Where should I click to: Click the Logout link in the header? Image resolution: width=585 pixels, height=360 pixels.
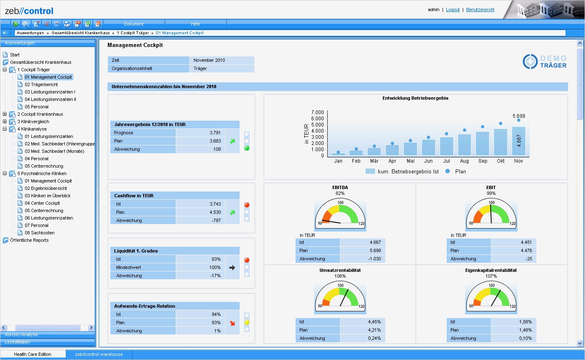point(452,9)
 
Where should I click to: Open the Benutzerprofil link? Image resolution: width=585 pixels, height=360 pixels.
point(480,9)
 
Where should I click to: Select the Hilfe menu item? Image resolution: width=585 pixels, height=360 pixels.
point(195,24)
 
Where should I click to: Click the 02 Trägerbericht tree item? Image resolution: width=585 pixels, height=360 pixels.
point(41,84)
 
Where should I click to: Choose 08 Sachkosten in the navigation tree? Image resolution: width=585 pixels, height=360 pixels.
point(40,233)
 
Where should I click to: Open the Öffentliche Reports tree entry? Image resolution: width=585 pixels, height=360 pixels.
point(29,240)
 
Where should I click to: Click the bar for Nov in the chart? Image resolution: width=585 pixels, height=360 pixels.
point(518,141)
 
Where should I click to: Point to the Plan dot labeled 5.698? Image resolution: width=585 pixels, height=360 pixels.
point(519,120)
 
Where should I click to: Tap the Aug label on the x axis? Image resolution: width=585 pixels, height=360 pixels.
point(464,161)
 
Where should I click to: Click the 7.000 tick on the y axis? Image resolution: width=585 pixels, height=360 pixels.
point(317,112)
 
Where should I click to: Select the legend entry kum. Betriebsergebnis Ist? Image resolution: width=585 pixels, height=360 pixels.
point(408,171)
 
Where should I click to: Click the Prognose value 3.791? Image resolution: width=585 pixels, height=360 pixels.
point(215,133)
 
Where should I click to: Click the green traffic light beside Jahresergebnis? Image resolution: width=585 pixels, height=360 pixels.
point(247,148)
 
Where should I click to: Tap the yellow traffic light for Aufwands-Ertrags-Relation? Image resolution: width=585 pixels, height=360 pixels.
point(247,323)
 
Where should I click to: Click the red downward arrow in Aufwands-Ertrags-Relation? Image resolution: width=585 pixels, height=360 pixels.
point(233,323)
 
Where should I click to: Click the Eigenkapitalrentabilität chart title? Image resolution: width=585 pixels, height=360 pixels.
point(491,270)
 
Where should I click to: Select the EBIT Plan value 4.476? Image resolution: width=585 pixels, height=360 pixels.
point(526,250)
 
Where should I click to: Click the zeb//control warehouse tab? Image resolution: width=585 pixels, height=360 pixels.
point(99,354)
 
